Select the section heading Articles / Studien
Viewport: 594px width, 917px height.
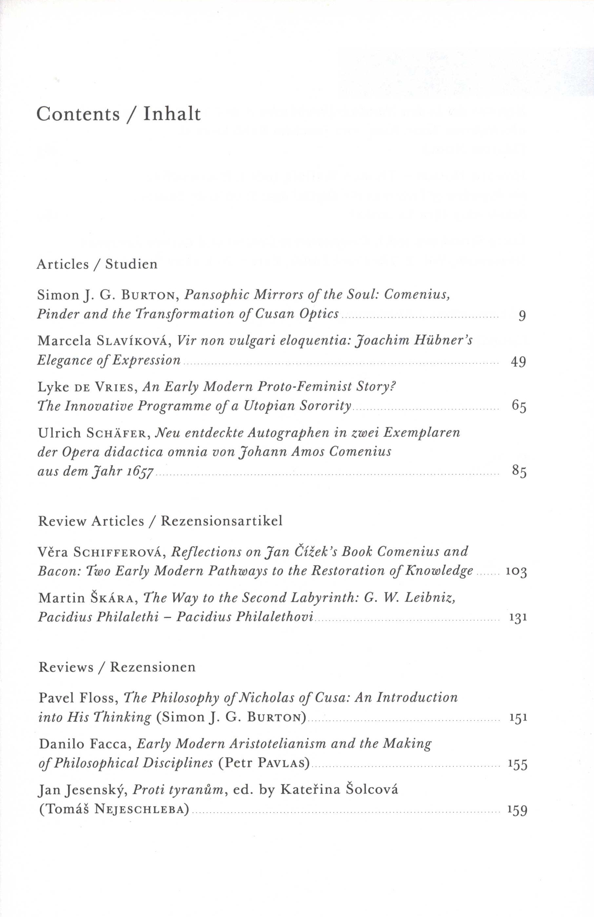[x=97, y=264]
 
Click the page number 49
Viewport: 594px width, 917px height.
[x=519, y=361]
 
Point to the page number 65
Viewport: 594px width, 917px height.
[x=519, y=406]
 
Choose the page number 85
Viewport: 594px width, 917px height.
[x=519, y=471]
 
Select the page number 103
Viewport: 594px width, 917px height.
[x=516, y=572]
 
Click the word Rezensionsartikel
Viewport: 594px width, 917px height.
[x=222, y=521]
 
